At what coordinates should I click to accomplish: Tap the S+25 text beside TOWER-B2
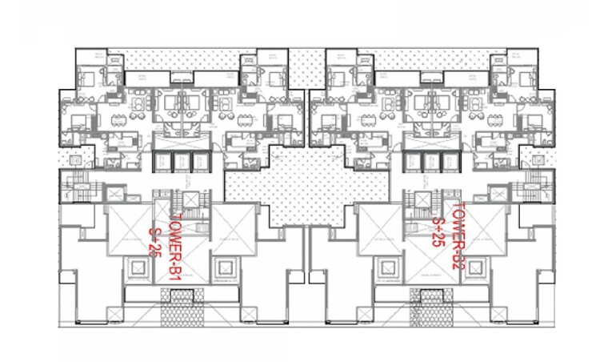point(438,231)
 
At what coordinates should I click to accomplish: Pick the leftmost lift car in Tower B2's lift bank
point(413,162)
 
